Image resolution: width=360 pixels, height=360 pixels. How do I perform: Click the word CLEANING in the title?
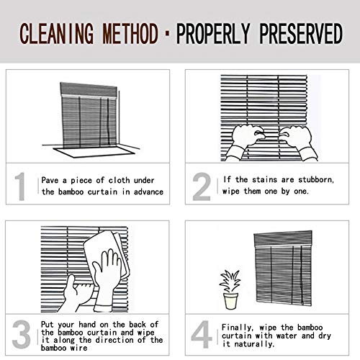pos(57,34)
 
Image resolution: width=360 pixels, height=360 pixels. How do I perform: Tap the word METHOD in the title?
pos(130,34)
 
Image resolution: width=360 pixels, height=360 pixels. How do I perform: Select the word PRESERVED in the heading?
pos(301,34)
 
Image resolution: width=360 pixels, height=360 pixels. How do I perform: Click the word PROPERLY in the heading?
pos(213,34)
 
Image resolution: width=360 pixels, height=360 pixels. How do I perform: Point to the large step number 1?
pos(20,186)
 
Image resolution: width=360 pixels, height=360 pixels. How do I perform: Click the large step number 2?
pos(202,186)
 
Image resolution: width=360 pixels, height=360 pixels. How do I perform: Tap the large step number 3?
pos(21,334)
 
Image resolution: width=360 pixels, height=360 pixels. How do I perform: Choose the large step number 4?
pos(202,334)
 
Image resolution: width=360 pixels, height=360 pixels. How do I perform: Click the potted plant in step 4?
pos(230,289)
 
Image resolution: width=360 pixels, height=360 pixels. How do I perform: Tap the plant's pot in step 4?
pos(230,301)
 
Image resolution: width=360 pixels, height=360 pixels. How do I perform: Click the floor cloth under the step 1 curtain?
pos(94,152)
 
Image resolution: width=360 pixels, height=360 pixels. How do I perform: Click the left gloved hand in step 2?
pos(245,142)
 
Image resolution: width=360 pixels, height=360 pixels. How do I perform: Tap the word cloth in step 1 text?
pos(119,180)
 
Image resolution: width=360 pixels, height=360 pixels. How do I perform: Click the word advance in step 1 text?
pos(148,192)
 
